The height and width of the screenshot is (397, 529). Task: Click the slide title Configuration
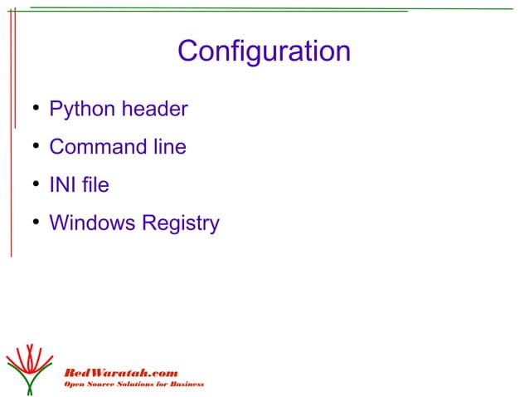(264, 52)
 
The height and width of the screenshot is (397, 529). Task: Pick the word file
(95, 185)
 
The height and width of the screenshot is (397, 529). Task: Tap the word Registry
(181, 224)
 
